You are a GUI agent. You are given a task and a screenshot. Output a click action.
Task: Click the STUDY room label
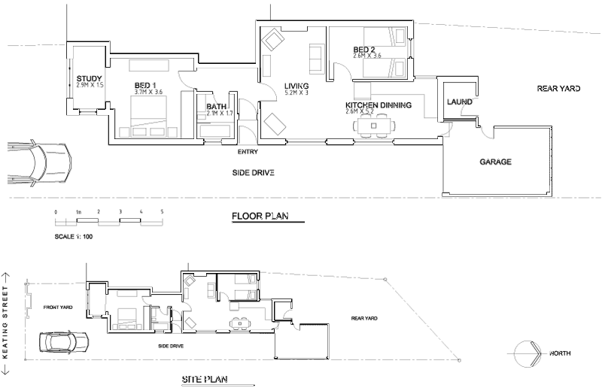point(90,77)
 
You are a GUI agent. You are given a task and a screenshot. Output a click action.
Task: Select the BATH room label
point(217,107)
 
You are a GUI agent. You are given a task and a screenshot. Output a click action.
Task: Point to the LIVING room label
point(298,86)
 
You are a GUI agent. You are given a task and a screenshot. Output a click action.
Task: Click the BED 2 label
point(365,50)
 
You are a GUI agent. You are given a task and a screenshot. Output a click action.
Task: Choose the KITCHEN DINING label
point(378,105)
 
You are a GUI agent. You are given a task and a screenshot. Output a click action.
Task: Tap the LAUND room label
point(459,102)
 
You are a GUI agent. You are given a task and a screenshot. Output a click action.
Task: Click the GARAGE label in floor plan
point(495,162)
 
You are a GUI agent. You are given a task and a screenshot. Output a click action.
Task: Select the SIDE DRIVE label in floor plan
point(252,173)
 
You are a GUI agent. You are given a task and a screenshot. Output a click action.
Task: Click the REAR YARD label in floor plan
point(558,89)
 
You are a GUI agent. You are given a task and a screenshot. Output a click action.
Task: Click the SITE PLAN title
point(204,379)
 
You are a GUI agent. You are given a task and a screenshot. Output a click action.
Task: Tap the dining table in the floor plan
point(374,126)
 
